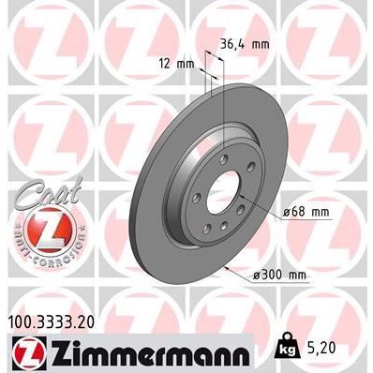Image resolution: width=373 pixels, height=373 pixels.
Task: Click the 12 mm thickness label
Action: pyautogui.click(x=177, y=65)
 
